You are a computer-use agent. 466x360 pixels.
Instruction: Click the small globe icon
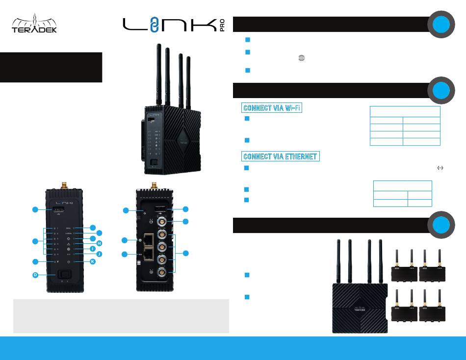click(x=301, y=58)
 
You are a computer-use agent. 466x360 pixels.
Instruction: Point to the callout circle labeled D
click(x=35, y=275)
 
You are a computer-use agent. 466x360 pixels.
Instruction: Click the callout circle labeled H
click(x=99, y=243)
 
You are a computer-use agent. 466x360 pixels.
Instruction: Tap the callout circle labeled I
click(x=99, y=249)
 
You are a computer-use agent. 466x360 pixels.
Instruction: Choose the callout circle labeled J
click(x=99, y=254)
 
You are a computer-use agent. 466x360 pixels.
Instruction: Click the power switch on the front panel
click(x=63, y=274)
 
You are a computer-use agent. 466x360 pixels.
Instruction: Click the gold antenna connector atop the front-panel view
click(x=63, y=185)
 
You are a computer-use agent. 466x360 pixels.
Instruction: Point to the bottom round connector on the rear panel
click(x=161, y=273)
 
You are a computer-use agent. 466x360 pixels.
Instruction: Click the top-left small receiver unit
click(x=404, y=269)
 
